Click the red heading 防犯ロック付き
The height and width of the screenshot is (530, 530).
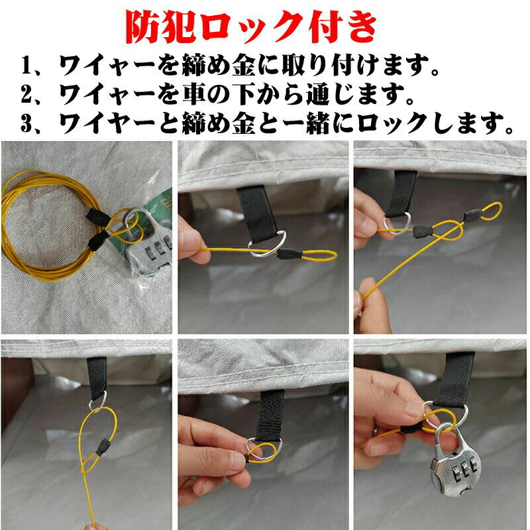[x=251, y=28]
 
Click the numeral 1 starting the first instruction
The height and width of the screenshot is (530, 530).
[x=26, y=65]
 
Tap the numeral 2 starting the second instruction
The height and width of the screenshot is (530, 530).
[x=26, y=94]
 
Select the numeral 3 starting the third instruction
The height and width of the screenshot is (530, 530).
[x=26, y=124]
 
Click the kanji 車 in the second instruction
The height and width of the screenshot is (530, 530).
[x=193, y=94]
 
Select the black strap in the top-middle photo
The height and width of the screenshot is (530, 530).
[x=257, y=213]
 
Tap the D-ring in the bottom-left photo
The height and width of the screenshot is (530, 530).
[x=97, y=401]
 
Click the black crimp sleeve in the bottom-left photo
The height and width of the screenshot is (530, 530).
[x=102, y=447]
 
